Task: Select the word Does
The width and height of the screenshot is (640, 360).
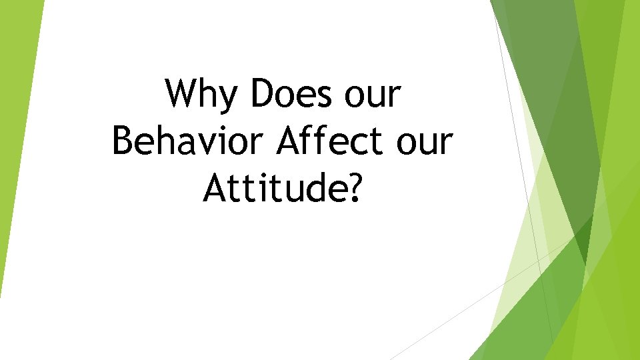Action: pyautogui.click(x=291, y=94)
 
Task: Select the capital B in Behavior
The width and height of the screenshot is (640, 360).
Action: pyautogui.click(x=123, y=142)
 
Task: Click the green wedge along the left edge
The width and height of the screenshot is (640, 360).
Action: pyautogui.click(x=13, y=133)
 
